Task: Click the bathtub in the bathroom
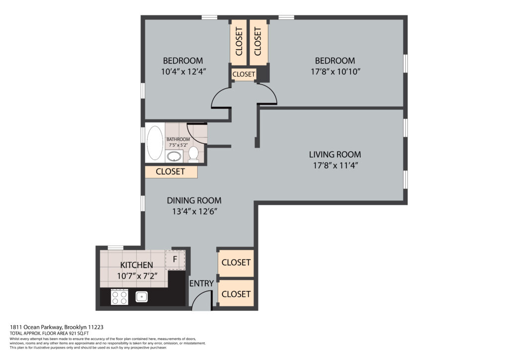155,143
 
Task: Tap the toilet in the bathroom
193,154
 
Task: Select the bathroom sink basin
174,157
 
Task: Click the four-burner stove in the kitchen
119,297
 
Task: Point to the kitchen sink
142,296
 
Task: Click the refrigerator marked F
175,260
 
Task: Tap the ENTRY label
202,283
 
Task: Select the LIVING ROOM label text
335,155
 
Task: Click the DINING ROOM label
194,200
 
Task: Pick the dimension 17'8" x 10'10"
336,72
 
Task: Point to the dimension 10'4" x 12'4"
184,72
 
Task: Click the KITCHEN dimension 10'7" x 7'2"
137,276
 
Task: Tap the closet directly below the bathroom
171,172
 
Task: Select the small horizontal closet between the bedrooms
244,74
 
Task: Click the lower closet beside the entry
236,293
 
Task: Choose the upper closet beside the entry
236,263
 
